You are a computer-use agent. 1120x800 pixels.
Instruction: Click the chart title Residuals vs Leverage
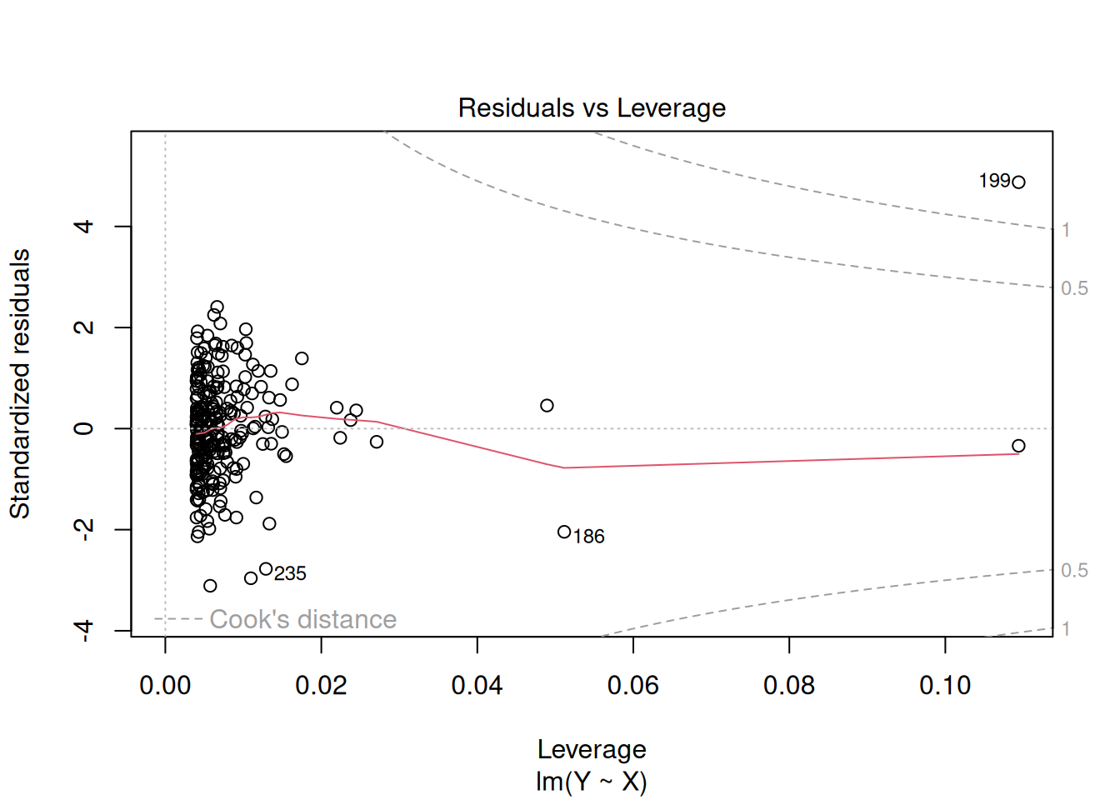click(x=592, y=108)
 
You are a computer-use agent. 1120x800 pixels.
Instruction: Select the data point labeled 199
click(x=1018, y=182)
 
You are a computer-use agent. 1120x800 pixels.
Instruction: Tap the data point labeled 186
click(x=564, y=532)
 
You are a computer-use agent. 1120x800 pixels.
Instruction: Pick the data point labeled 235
click(x=266, y=569)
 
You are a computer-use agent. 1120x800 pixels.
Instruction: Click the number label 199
click(x=994, y=181)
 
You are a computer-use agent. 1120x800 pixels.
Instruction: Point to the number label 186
click(x=589, y=537)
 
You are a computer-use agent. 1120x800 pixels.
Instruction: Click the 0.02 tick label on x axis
click(x=321, y=686)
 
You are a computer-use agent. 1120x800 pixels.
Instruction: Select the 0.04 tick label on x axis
click(x=477, y=686)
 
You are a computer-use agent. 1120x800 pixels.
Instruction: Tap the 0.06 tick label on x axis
click(x=632, y=686)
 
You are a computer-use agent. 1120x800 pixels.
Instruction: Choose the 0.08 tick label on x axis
click(x=788, y=686)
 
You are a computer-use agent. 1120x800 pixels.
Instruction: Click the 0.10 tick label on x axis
click(x=944, y=686)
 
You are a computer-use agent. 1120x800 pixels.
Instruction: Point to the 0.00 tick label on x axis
click(x=165, y=686)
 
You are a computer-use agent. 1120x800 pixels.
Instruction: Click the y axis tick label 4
click(x=83, y=227)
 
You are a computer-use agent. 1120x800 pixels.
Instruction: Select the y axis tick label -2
click(x=83, y=529)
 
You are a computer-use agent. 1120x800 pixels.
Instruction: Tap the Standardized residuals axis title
click(x=20, y=383)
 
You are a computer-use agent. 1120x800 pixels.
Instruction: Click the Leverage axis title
click(x=592, y=749)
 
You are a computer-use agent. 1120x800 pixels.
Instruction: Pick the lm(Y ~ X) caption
click(x=592, y=782)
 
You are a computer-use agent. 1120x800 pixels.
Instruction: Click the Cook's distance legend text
click(x=302, y=619)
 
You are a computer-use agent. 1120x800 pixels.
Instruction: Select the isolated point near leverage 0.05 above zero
click(x=547, y=406)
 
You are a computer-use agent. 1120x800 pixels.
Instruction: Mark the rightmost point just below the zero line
click(x=1018, y=446)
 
